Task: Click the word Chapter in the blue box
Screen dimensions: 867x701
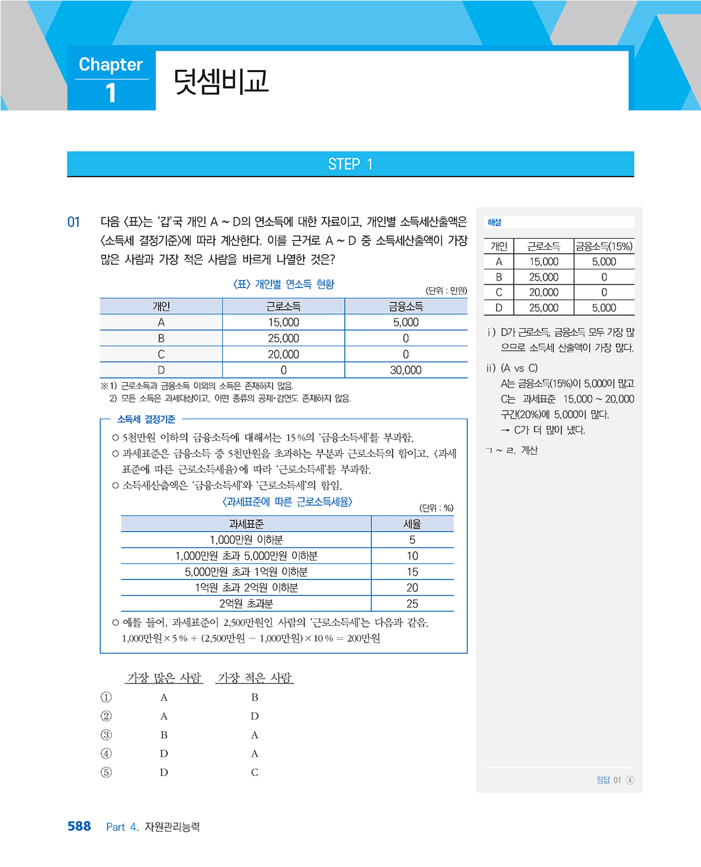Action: [111, 64]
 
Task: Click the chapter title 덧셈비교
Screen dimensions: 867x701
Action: [221, 82]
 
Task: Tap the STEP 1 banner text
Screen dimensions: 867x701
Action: [350, 164]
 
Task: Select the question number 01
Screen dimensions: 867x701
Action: [73, 222]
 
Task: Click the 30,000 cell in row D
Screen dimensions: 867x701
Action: [406, 370]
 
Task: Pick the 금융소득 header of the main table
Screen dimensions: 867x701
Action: [406, 307]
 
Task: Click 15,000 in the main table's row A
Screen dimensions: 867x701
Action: [283, 323]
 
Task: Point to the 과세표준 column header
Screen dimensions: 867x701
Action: [246, 524]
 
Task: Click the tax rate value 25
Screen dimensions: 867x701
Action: [412, 604]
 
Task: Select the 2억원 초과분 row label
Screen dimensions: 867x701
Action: [246, 604]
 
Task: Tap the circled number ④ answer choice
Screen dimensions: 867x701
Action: [106, 753]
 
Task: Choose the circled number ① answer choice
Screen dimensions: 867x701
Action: [106, 698]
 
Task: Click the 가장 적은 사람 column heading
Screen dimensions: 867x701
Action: [255, 678]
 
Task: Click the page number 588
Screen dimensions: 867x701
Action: [79, 826]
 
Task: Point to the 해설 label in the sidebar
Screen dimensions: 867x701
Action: [494, 223]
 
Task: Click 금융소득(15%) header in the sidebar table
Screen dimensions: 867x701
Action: [604, 246]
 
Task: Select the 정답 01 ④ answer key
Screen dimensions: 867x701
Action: [615, 780]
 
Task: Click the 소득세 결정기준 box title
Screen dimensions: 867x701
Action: [146, 419]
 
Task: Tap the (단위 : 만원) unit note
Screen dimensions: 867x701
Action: [446, 290]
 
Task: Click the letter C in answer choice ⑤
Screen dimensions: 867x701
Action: [255, 772]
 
